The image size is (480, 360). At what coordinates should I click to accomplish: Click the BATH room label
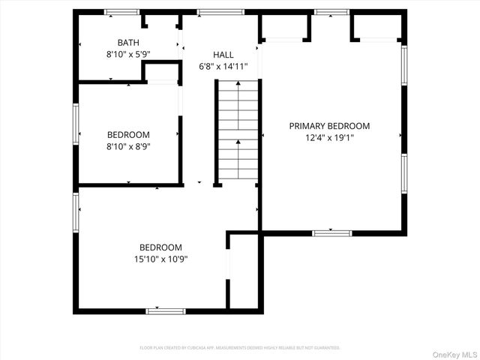coord(128,43)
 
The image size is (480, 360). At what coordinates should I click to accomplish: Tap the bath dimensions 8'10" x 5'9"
coord(128,55)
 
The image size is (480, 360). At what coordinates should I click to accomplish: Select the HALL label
coord(223,55)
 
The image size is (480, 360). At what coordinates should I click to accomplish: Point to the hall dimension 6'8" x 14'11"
coord(223,67)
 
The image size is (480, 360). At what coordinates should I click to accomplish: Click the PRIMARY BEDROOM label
coord(329,126)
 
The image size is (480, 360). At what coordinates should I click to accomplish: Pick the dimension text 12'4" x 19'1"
coord(329,138)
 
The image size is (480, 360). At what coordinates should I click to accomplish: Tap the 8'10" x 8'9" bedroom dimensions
coord(128,147)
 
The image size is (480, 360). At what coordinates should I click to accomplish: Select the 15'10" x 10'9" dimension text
coord(160,259)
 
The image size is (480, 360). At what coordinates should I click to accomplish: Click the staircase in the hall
coord(238,131)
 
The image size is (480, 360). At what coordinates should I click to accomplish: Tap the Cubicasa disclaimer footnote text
coord(240,348)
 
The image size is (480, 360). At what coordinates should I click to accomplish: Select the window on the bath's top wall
coord(121,12)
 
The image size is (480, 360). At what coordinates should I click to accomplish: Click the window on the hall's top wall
coord(220,12)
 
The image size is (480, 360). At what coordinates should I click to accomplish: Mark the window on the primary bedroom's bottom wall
coord(332,232)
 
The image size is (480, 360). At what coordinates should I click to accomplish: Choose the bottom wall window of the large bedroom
coord(166,310)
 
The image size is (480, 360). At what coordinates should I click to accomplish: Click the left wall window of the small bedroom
coord(76,123)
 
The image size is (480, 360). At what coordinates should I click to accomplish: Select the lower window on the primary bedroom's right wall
coord(403,174)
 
